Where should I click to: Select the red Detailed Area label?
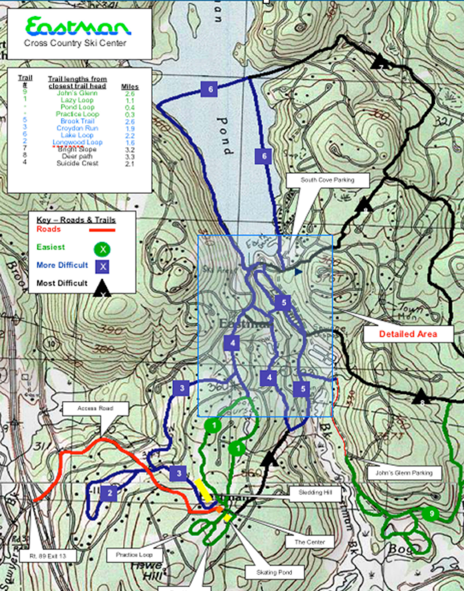click(408, 334)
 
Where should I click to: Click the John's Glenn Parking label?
click(404, 473)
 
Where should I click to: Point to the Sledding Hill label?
click(315, 492)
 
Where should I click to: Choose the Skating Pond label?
click(274, 572)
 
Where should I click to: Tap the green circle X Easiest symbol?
click(102, 249)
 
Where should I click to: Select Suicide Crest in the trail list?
click(77, 163)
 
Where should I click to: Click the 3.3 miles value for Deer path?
click(130, 156)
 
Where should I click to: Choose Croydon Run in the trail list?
click(77, 128)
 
